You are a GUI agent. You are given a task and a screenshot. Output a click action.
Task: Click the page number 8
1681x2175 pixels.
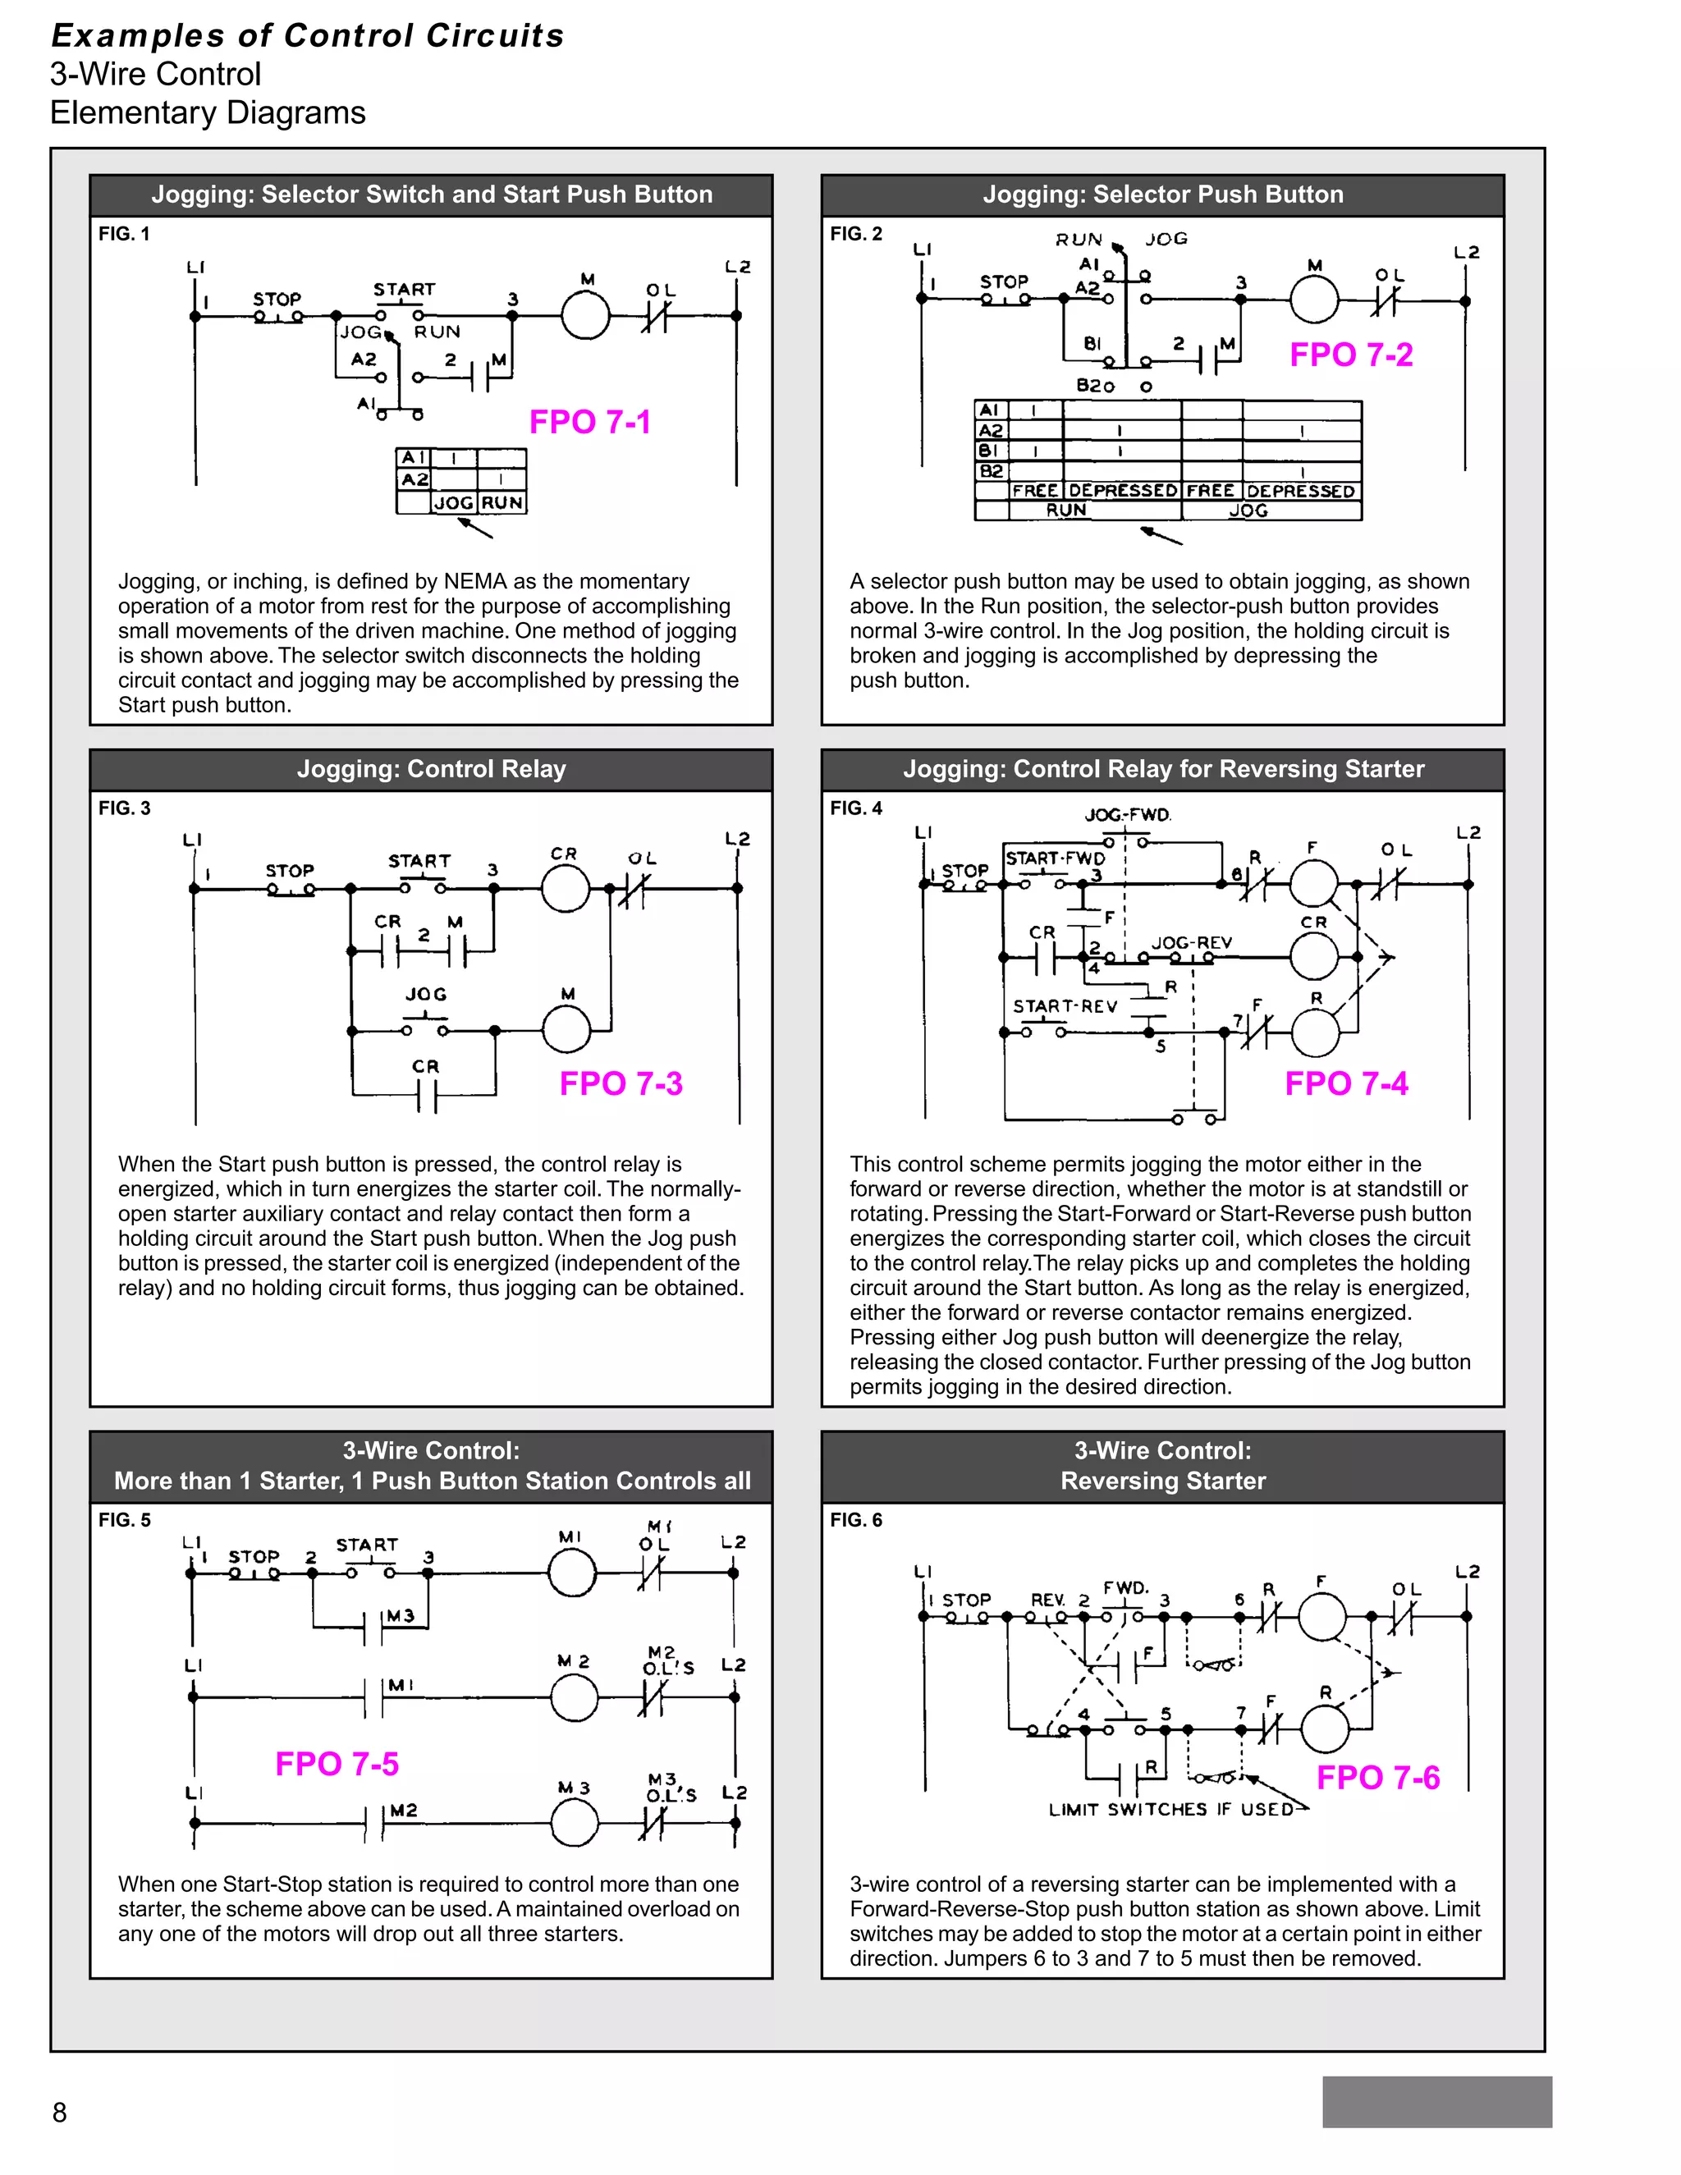(60, 2111)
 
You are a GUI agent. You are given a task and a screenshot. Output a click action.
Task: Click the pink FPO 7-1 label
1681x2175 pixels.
(589, 422)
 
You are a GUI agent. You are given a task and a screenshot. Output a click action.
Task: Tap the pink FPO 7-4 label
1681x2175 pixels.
(1345, 1083)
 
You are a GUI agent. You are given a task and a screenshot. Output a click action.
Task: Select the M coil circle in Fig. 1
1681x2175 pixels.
(584, 316)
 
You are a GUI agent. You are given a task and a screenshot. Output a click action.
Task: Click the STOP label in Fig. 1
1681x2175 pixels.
(277, 299)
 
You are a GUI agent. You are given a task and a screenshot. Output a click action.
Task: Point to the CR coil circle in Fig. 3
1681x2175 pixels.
(566, 888)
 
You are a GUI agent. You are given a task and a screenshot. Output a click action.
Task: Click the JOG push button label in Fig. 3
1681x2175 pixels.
(425, 994)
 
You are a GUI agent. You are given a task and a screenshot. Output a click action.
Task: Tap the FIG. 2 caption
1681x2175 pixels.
(856, 234)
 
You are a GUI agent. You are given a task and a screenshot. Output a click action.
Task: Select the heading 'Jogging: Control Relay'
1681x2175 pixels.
(431, 769)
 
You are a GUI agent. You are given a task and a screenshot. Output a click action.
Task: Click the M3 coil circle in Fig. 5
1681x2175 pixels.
(575, 1824)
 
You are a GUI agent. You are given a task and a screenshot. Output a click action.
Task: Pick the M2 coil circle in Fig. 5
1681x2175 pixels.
(575, 1697)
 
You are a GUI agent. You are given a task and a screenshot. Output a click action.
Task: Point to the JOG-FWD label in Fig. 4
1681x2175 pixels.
(1127, 815)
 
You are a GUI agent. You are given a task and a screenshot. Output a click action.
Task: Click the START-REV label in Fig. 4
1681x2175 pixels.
(1065, 1006)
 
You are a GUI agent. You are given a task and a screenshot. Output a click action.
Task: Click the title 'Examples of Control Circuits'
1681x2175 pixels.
(308, 36)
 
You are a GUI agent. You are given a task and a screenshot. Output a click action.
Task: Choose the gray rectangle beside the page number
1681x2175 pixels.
(1436, 2101)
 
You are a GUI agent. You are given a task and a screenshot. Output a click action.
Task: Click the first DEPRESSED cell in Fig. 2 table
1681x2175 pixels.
(1122, 491)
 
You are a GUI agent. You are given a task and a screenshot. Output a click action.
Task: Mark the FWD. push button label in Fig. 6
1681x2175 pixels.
(1125, 1587)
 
